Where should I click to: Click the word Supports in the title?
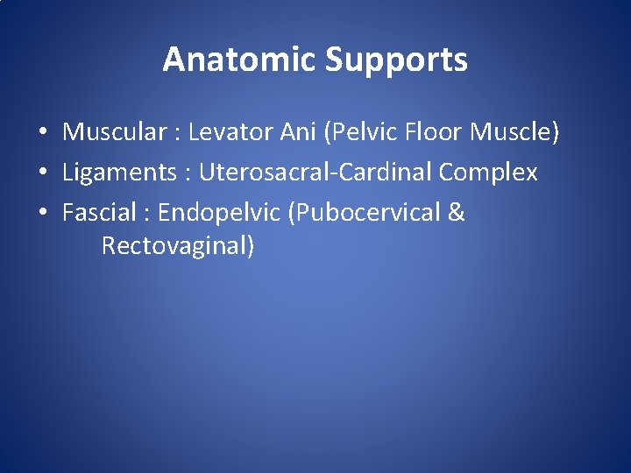click(x=396, y=60)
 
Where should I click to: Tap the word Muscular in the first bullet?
click(x=114, y=132)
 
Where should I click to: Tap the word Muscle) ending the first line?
click(x=514, y=133)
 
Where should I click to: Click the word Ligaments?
click(x=119, y=173)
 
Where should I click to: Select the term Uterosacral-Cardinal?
click(x=315, y=173)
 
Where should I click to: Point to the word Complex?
click(x=488, y=173)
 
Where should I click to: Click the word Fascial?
click(x=99, y=213)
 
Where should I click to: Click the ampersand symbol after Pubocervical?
click(x=456, y=213)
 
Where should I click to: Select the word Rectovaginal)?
click(x=178, y=246)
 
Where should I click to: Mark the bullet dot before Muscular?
click(x=42, y=134)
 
